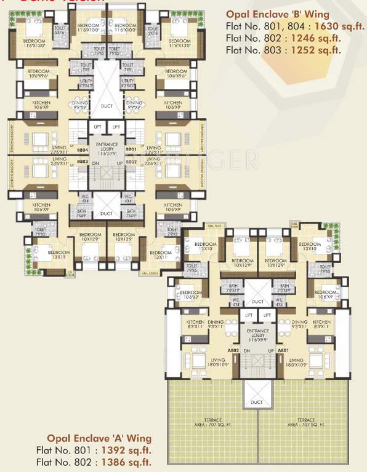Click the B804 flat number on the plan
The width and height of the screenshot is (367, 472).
83,149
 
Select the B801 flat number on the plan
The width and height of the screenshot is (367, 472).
131,149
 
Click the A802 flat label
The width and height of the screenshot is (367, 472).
233,350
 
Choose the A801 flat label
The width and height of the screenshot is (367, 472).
283,350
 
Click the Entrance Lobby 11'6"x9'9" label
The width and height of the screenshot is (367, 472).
258,335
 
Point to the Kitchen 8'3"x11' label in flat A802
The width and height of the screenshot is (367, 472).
196,325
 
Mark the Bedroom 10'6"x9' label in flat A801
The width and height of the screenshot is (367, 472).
326,294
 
